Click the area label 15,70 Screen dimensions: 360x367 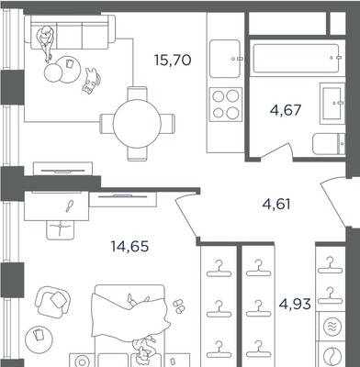[x=173, y=60]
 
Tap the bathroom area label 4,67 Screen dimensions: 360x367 [x=286, y=110]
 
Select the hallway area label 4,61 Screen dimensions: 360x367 [x=276, y=205]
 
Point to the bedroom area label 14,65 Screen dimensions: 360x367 [x=129, y=246]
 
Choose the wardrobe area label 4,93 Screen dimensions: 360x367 [x=295, y=304]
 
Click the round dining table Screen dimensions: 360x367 [x=137, y=124]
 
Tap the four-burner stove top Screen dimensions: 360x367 [x=226, y=105]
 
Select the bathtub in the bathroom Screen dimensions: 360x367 [x=297, y=59]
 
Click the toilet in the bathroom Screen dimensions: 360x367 [x=329, y=144]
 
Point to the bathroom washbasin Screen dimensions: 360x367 [x=332, y=104]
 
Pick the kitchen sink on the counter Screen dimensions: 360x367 [x=225, y=59]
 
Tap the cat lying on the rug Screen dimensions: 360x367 [x=92, y=81]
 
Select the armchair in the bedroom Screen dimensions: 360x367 [x=52, y=301]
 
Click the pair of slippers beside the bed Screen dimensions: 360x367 [x=178, y=306]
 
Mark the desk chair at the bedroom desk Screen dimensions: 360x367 [x=61, y=229]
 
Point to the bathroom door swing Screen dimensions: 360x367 [x=277, y=151]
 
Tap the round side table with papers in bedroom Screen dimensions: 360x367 [x=39, y=339]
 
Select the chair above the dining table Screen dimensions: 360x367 [x=137, y=94]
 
